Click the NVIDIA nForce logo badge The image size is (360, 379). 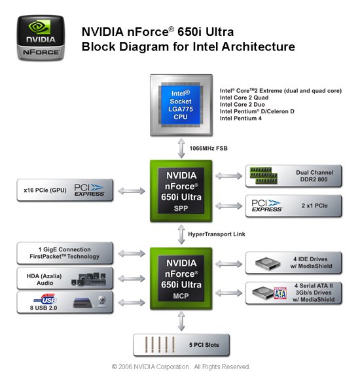click(41, 38)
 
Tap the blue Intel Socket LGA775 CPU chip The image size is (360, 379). click(181, 105)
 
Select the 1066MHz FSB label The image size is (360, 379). click(208, 148)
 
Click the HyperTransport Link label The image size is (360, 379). click(217, 234)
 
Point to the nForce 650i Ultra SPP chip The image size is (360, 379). click(181, 191)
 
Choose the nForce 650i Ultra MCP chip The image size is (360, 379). click(181, 278)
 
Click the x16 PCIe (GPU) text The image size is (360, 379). click(45, 190)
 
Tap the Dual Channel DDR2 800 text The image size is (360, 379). click(315, 176)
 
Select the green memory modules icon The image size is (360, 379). click(263, 175)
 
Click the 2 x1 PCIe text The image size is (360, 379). click(315, 206)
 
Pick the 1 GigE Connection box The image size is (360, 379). click(65, 253)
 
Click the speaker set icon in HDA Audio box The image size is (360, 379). click(89, 279)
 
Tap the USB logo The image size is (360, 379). click(45, 299)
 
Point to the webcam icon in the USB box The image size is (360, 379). click(102, 302)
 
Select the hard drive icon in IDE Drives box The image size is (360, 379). click(268, 263)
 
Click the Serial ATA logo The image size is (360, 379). click(280, 293)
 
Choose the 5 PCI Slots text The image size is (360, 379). click(204, 345)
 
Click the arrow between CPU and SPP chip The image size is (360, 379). click(181, 148)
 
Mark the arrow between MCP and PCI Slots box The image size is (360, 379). click(181, 321)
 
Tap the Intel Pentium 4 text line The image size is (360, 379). click(241, 118)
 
